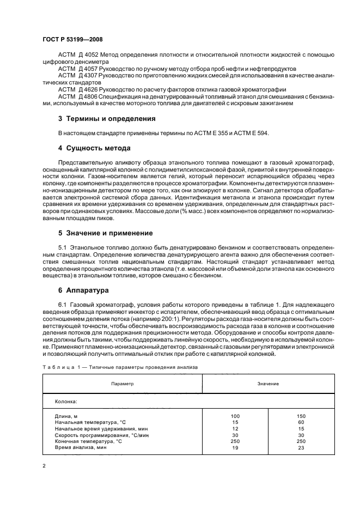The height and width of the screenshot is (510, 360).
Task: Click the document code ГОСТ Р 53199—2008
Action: (72, 39)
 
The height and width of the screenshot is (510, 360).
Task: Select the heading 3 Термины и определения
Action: (107, 118)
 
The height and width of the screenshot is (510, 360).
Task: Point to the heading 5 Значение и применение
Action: (105, 233)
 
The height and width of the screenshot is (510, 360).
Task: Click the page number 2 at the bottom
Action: (44, 466)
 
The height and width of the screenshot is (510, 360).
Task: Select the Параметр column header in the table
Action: (122, 384)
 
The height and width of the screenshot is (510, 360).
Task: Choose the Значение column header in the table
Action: (268, 384)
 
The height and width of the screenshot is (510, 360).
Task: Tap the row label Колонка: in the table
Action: (66, 403)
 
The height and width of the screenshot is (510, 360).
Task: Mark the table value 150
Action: (301, 416)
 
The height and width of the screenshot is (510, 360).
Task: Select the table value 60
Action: (301, 421)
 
